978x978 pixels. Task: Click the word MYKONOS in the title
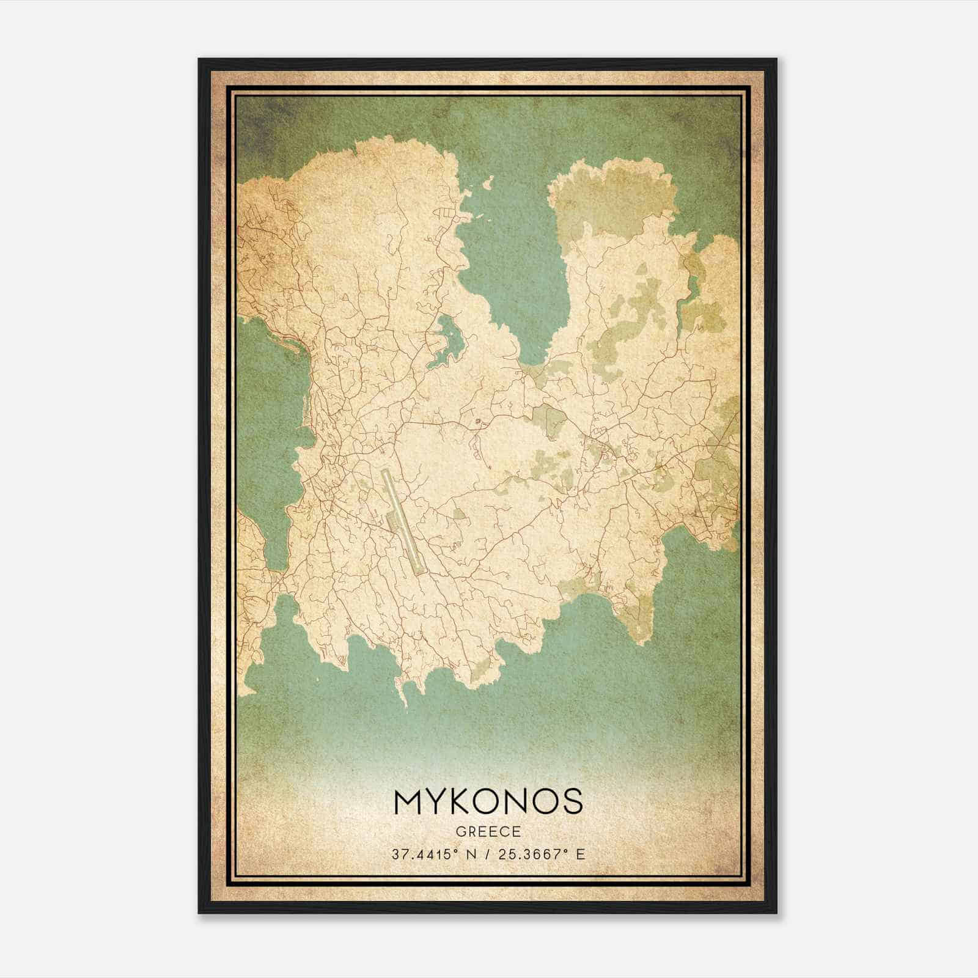tap(488, 801)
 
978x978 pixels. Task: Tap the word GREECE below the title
tap(488, 832)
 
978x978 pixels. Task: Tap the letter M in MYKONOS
tap(409, 801)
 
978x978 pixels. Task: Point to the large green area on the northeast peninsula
tap(611, 202)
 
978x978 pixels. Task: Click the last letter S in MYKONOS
tap(572, 801)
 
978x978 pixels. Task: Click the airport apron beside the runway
tap(391, 521)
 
